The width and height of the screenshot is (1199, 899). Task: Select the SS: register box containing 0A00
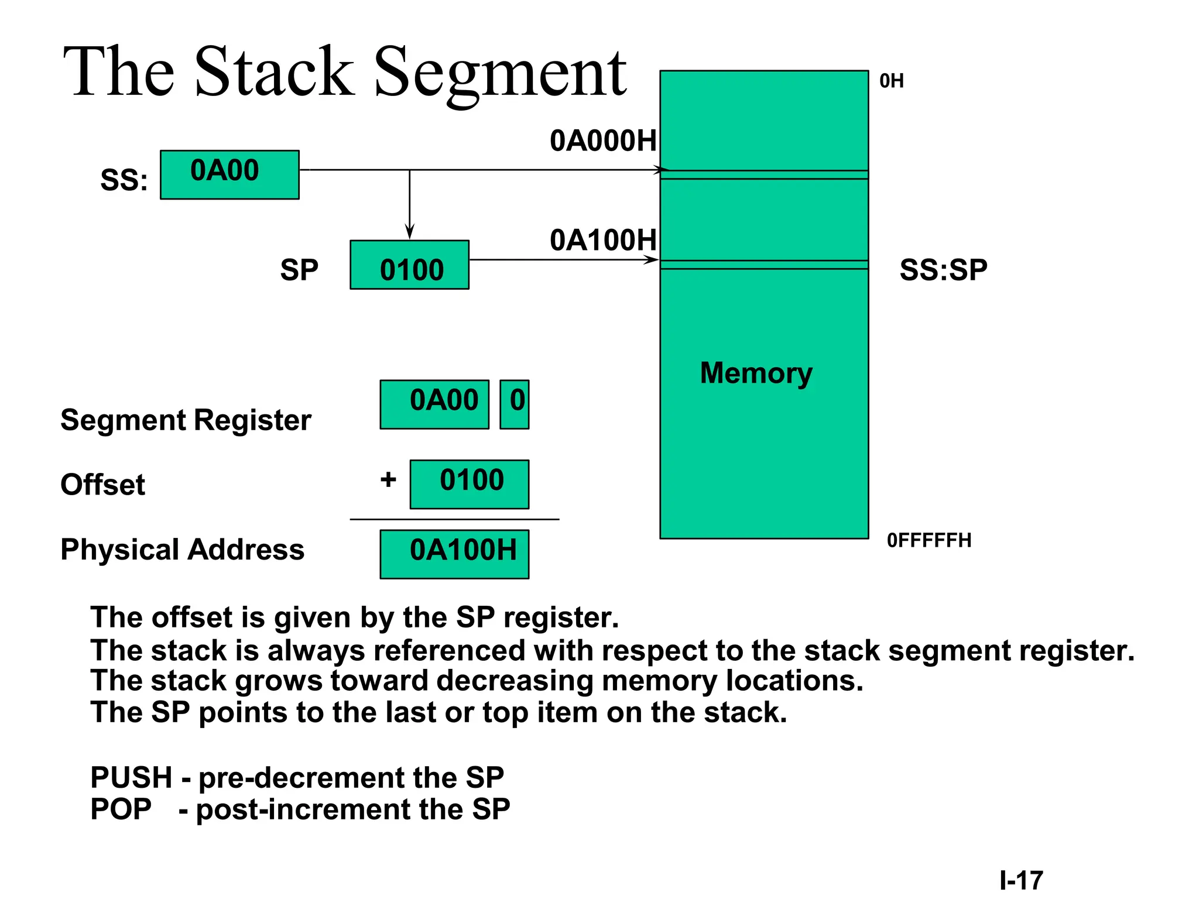click(229, 174)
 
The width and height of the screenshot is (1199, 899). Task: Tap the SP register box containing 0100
click(409, 265)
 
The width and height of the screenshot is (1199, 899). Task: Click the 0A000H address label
click(603, 141)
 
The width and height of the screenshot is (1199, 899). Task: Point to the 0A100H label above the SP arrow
click(603, 241)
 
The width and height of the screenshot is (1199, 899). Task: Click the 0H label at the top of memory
click(892, 81)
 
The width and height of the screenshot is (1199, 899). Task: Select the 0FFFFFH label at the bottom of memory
click(929, 540)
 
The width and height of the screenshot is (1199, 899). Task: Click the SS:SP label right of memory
click(943, 270)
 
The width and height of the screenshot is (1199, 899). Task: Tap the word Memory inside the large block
click(756, 373)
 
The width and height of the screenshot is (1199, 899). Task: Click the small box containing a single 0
click(515, 404)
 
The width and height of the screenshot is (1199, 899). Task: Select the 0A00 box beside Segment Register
click(434, 404)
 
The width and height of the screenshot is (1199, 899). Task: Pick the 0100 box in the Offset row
click(470, 484)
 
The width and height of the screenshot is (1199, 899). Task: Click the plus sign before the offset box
click(388, 480)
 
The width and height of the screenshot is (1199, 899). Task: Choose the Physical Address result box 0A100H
click(455, 554)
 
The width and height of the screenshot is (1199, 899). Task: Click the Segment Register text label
click(186, 420)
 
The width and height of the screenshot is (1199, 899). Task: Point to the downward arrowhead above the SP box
click(410, 231)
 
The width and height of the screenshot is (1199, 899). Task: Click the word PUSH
click(131, 778)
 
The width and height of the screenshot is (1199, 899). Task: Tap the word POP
click(121, 809)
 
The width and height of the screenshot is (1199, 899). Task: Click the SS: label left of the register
click(124, 180)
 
